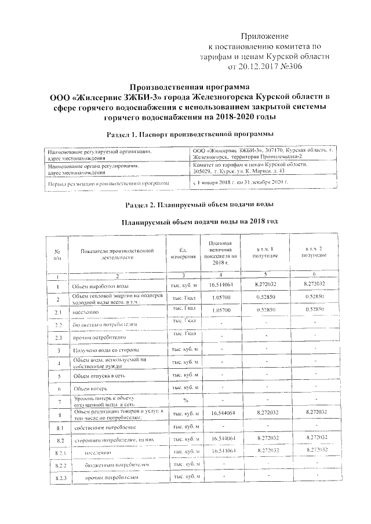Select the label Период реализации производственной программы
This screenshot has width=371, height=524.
coord(108,182)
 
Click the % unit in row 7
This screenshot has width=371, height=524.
coord(185,400)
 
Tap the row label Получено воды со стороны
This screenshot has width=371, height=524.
coord(104,350)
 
